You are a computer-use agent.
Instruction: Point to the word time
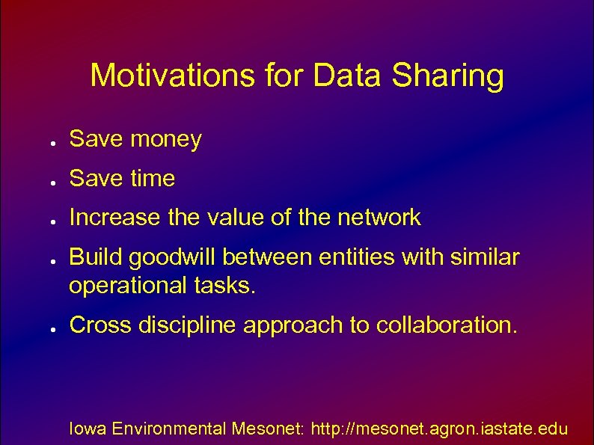click(153, 179)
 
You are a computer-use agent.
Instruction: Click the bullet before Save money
click(46, 141)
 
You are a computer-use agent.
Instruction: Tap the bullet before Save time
click(46, 181)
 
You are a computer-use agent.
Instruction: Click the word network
click(379, 218)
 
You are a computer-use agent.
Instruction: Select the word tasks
click(227, 286)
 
